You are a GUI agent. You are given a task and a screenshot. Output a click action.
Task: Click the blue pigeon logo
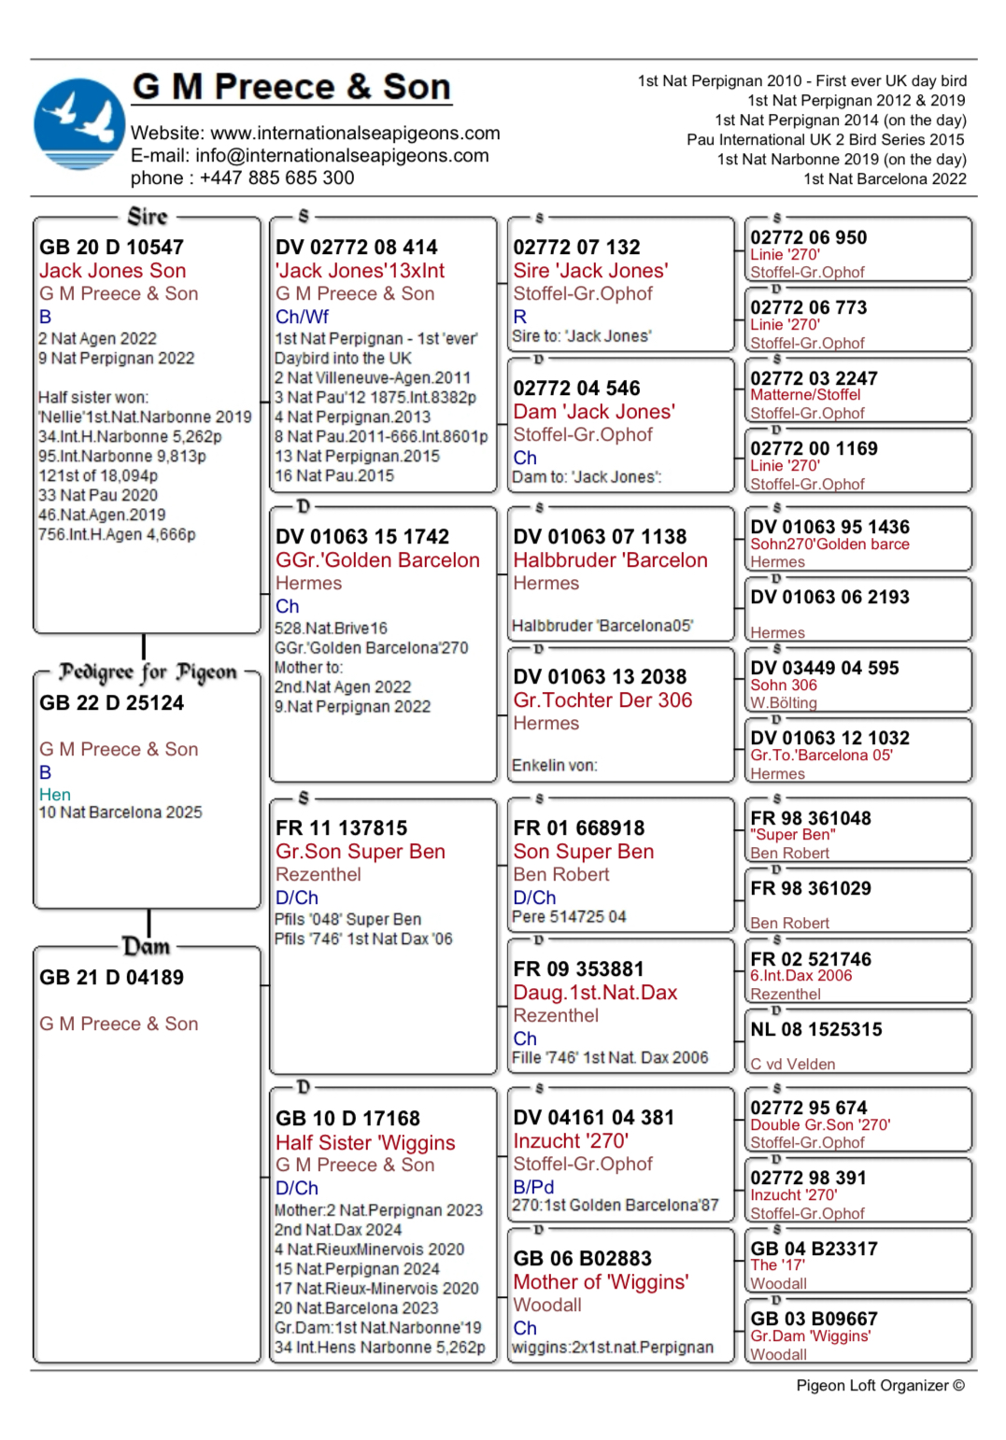point(79,125)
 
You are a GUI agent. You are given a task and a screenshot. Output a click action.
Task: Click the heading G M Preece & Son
point(291,87)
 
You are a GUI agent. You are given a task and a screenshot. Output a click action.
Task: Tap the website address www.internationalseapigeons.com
point(355,133)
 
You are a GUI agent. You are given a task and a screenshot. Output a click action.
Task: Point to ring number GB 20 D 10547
point(111,247)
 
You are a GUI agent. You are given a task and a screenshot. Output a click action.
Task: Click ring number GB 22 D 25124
point(111,703)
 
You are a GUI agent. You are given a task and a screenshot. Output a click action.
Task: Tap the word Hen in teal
point(55,795)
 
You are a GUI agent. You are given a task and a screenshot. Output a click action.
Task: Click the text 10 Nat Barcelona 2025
point(120,812)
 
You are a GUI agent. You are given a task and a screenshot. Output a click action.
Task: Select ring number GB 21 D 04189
point(111,978)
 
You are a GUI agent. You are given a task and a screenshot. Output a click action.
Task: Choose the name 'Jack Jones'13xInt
point(360,271)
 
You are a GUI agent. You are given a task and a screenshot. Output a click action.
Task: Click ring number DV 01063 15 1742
point(362,537)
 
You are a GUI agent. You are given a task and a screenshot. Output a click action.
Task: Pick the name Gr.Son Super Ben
point(360,852)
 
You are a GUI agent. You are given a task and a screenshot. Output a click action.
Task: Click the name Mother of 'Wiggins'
point(601,1282)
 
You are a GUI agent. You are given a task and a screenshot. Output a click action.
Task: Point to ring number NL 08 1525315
point(815,1030)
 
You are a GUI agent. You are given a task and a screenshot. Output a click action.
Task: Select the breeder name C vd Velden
point(792,1064)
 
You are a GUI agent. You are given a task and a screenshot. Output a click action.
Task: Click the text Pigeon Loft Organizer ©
point(880,1386)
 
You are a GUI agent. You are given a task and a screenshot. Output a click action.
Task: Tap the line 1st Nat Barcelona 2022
point(885,178)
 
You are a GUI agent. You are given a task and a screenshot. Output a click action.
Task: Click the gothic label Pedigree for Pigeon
point(148,672)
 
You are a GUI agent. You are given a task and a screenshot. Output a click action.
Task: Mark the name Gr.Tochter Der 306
point(602,700)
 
